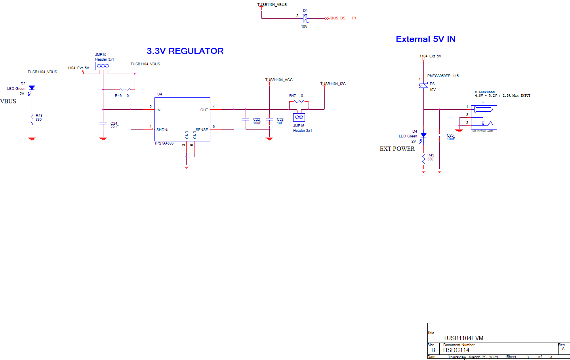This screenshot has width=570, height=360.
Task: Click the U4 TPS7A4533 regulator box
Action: [x=182, y=119]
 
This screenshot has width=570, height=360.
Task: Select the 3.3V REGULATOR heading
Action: [x=185, y=51]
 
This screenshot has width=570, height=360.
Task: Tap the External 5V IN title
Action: [x=425, y=39]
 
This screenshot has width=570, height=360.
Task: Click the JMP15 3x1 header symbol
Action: [x=103, y=66]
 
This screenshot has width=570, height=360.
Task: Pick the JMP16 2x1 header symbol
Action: [x=299, y=117]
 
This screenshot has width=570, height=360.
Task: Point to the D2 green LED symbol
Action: [x=32, y=88]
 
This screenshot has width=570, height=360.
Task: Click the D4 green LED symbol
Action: [x=423, y=135]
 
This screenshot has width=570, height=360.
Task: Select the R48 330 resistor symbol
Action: [x=32, y=119]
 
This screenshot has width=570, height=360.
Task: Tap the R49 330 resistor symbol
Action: [x=423, y=158]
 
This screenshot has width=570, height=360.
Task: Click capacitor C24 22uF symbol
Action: [x=103, y=124]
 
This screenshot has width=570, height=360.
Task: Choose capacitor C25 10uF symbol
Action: [x=439, y=135]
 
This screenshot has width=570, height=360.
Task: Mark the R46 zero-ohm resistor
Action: [x=125, y=90]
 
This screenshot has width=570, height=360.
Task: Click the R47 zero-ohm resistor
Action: [x=299, y=102]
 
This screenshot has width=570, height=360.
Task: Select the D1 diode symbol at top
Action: [x=305, y=18]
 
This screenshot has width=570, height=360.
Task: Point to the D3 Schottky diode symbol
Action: [x=423, y=86]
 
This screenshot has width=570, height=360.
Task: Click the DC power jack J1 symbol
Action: [x=484, y=117]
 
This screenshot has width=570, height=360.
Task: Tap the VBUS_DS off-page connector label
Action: [x=336, y=18]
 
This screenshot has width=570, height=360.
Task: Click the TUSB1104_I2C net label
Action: [x=333, y=84]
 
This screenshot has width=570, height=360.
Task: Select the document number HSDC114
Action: [x=456, y=350]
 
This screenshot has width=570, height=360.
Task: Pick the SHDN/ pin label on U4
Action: [x=162, y=130]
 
